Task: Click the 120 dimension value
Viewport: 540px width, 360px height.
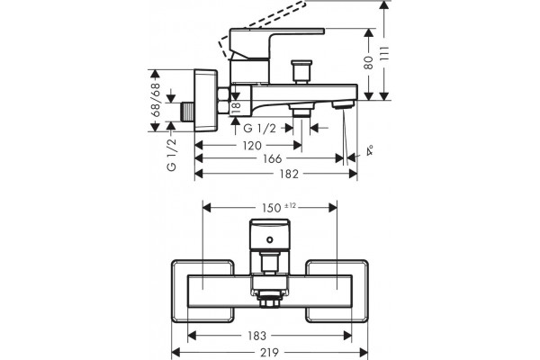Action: point(252,146)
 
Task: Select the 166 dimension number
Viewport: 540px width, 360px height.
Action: point(273,158)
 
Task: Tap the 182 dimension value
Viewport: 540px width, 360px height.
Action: point(289,174)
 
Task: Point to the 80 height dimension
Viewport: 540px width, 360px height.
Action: point(369,63)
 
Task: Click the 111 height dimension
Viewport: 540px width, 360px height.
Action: point(384,53)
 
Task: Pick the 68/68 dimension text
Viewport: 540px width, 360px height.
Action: point(156,100)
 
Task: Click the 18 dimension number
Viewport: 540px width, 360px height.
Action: point(236,108)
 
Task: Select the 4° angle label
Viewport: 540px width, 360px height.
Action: point(370,151)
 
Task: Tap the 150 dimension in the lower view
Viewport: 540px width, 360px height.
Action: point(272,208)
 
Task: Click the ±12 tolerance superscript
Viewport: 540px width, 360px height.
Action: point(291,206)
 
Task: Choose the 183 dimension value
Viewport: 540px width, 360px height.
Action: point(256,336)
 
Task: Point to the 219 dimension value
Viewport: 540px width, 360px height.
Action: point(270,353)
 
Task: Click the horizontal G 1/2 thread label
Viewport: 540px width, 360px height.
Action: point(260,129)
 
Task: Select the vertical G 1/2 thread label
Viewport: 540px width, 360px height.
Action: point(172,154)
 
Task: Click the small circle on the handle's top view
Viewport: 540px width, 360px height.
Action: point(270,239)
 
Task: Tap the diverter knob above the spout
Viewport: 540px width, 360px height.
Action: point(301,72)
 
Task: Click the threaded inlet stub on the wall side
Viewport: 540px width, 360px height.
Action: point(188,112)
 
